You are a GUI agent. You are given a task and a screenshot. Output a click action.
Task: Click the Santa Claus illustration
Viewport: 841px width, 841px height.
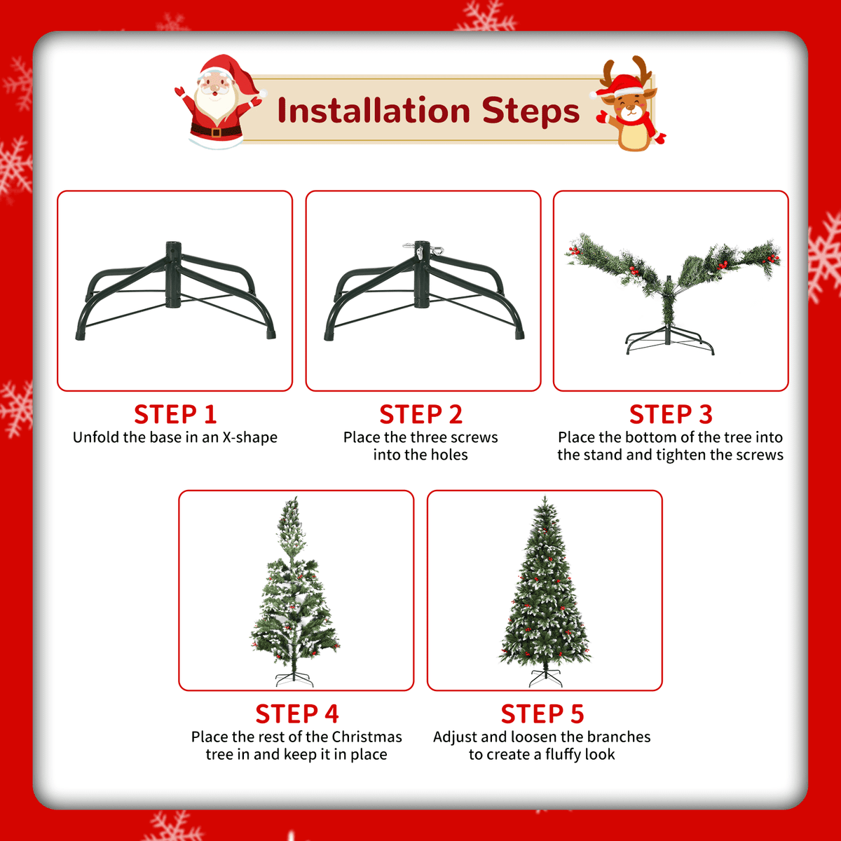(218, 102)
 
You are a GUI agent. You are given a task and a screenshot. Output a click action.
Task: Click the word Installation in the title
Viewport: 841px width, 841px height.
(374, 111)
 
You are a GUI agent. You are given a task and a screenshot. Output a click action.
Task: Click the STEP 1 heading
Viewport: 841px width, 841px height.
(175, 414)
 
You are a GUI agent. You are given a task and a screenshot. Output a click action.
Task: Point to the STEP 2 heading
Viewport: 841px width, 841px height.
(420, 414)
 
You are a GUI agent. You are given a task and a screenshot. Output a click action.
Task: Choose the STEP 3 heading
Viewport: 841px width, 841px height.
(671, 414)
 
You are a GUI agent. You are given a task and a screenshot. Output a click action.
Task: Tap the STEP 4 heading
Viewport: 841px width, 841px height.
(296, 714)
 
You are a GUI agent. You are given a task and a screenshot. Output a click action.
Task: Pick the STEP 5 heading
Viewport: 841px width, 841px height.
(542, 714)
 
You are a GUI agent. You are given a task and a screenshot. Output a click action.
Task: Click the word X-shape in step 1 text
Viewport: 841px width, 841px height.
(249, 437)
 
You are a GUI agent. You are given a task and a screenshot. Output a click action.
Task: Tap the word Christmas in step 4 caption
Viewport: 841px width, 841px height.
(367, 737)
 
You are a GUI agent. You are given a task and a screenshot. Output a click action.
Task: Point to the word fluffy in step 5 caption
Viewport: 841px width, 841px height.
(565, 755)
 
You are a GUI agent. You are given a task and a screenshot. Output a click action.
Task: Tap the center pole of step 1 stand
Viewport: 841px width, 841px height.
(173, 275)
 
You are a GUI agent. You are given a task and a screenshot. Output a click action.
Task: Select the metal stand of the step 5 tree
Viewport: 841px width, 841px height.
(545, 677)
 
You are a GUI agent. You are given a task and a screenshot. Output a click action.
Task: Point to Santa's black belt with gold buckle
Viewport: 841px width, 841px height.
(216, 130)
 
